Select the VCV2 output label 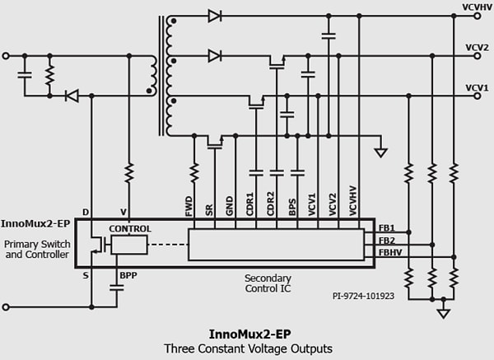(477, 47)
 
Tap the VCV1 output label (477, 86)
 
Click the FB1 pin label (386, 227)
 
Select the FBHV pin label (389, 253)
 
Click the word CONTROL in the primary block (130, 228)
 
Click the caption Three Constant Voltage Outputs (247, 348)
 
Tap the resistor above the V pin (129, 173)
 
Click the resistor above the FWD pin (194, 173)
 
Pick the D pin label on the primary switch (86, 213)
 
